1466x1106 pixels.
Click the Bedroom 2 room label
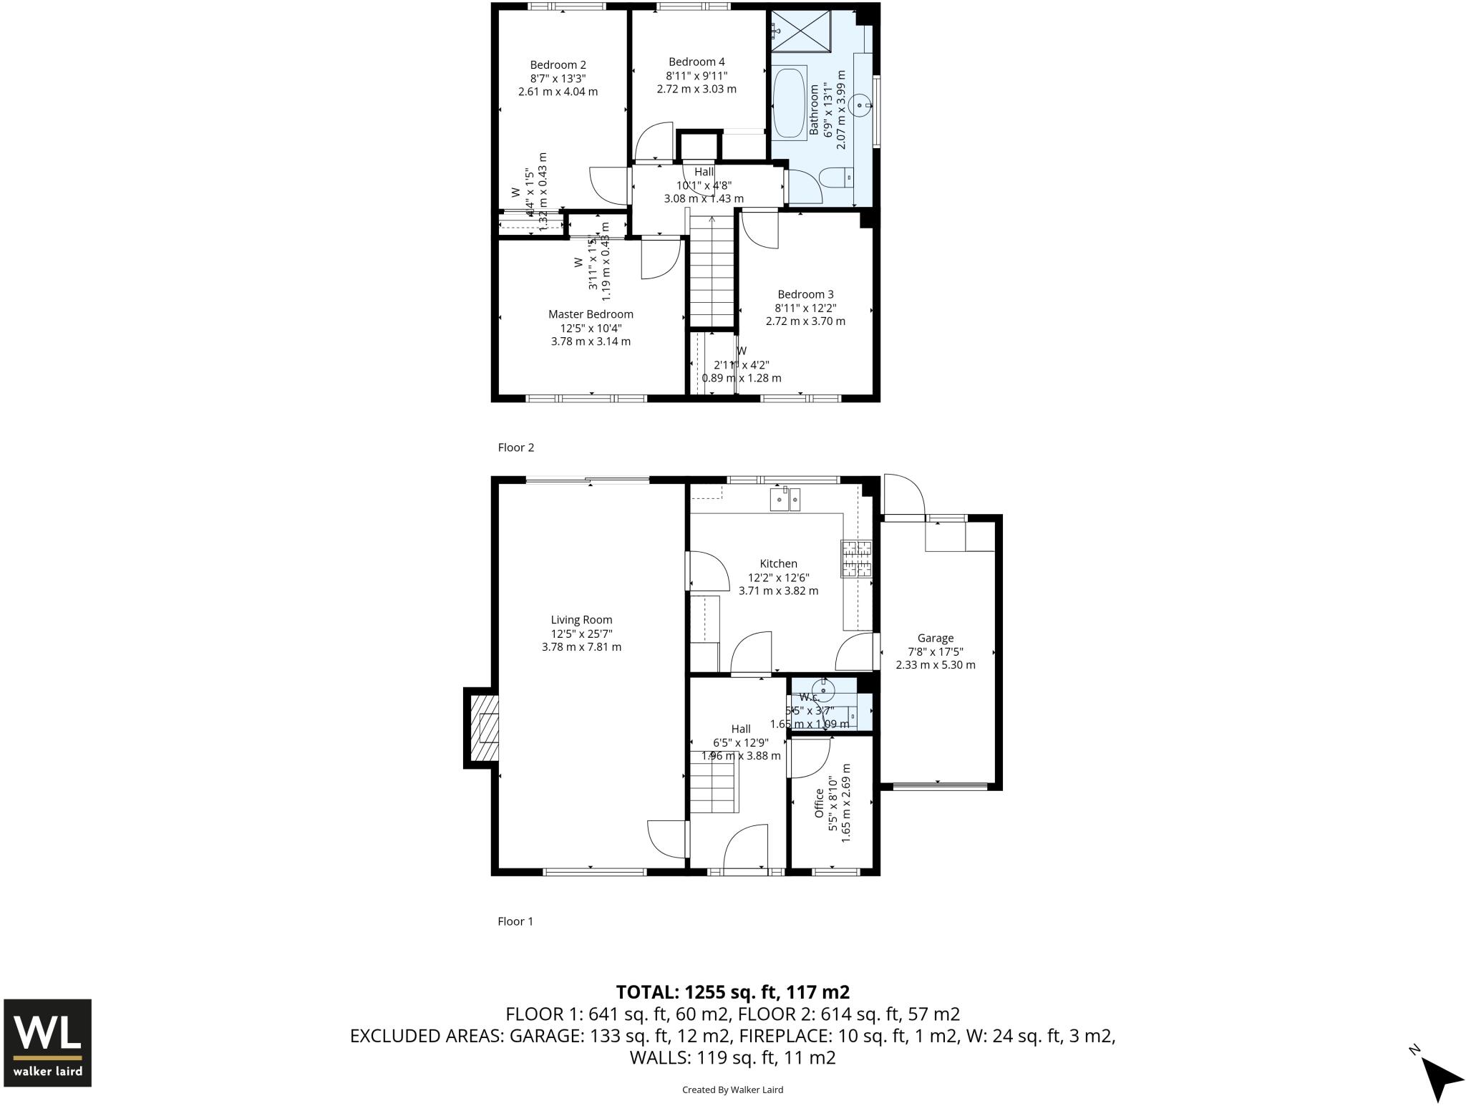coord(558,65)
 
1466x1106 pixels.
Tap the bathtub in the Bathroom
coord(790,102)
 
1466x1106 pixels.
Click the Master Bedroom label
coord(591,314)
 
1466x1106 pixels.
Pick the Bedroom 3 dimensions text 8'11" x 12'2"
coord(805,308)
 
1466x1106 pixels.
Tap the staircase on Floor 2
coord(712,272)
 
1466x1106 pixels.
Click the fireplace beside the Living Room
coord(482,728)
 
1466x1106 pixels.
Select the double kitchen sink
coord(785,499)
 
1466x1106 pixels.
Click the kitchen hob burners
coord(856,559)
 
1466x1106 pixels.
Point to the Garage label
coord(935,639)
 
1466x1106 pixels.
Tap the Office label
coord(819,803)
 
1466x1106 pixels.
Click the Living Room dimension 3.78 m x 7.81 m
coord(581,647)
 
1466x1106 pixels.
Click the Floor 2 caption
coord(516,447)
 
